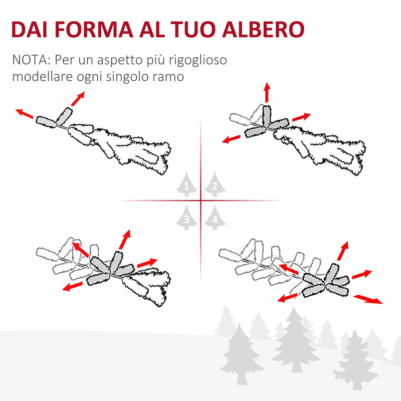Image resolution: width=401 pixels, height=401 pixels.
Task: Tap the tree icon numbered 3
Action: (x=186, y=217)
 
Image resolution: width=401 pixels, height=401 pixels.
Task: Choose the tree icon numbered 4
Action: (x=214, y=217)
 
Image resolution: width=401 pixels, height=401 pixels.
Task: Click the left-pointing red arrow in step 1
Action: (x=24, y=113)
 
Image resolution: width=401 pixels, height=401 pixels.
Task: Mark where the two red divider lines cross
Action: (x=200, y=200)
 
